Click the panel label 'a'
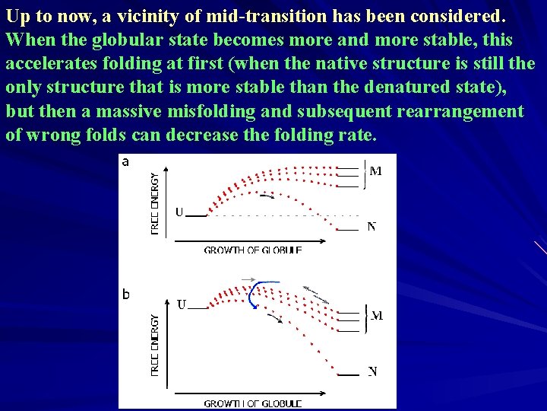[125, 161]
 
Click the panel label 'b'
[125, 295]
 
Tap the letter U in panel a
[179, 212]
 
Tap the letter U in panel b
[182, 305]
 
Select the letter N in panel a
[372, 227]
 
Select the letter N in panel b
[372, 371]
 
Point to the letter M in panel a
[375, 171]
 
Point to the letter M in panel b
[376, 315]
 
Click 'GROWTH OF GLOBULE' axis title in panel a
[252, 250]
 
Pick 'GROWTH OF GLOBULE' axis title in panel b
[252, 403]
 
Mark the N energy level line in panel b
[348, 374]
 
